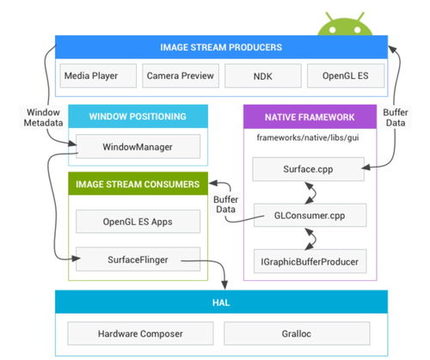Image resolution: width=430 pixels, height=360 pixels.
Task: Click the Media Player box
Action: [98, 76]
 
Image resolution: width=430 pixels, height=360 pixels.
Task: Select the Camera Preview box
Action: [181, 76]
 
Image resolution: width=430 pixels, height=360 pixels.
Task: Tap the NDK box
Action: [263, 76]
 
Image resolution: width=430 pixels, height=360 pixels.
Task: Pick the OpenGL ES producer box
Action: [346, 76]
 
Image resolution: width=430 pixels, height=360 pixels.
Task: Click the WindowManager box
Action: [138, 146]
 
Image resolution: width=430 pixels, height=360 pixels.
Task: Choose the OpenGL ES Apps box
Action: [138, 222]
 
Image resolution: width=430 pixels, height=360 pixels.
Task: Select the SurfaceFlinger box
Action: [138, 259]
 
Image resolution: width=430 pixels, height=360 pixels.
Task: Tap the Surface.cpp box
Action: [309, 169]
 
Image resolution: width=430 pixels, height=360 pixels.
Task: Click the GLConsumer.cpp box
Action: [310, 215]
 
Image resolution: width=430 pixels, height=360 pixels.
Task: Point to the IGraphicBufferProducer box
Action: [310, 261]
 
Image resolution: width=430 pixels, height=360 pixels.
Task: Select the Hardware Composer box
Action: [140, 333]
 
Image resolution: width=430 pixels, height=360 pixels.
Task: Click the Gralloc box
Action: [297, 333]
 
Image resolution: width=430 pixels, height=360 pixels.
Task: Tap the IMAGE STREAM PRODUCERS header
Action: [221, 47]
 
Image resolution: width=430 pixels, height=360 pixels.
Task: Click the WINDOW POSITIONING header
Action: [138, 116]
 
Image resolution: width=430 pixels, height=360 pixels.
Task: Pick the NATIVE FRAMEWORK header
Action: [310, 117]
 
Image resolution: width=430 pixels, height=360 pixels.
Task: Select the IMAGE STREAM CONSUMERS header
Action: [138, 184]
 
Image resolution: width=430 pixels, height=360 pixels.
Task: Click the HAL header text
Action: [221, 302]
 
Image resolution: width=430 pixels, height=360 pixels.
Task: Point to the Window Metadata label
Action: [43, 118]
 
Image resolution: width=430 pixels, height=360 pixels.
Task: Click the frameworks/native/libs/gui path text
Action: [308, 137]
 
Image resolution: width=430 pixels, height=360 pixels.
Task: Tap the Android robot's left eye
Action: [332, 29]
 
